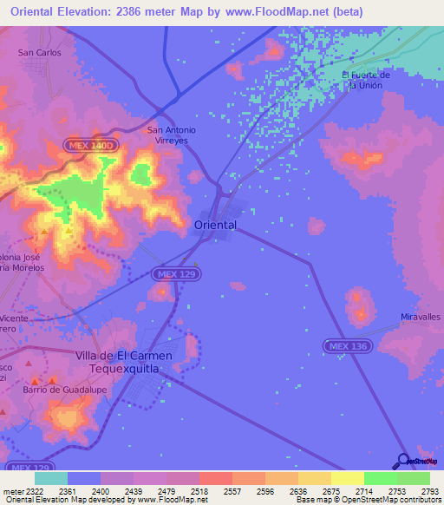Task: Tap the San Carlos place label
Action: tap(40, 52)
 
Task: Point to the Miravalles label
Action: tap(421, 318)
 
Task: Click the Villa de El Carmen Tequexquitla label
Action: tap(124, 362)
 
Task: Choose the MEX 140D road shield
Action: tap(90, 146)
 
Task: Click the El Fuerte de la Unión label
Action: tap(366, 80)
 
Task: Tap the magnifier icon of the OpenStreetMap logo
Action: tap(402, 460)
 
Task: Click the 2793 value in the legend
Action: tap(430, 490)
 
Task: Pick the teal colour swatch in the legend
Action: tap(51, 478)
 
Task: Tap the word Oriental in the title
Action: tap(39, 11)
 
